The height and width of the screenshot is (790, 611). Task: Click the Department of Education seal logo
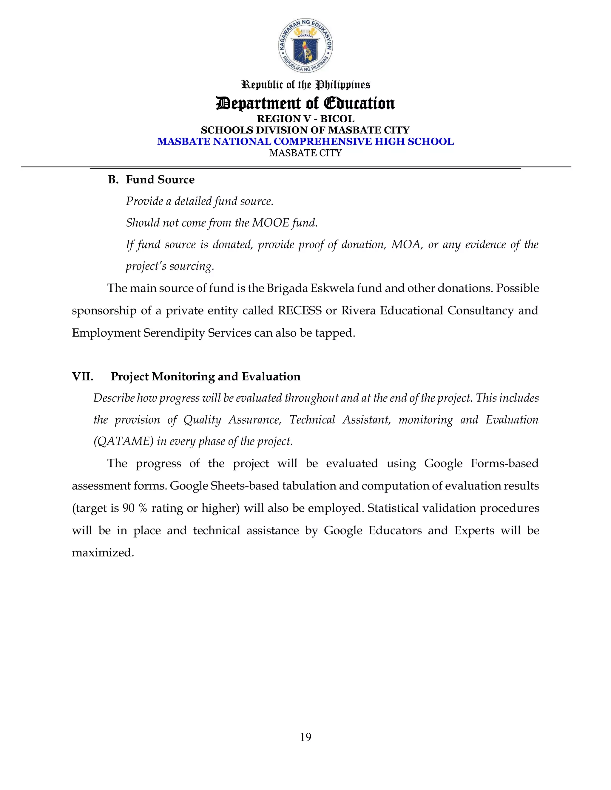click(305, 46)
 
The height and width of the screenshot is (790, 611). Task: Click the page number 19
click(305, 737)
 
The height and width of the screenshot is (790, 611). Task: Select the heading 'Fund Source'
click(160, 180)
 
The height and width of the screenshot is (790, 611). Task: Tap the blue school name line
click(305, 141)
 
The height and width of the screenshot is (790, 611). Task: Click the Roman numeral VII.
click(83, 377)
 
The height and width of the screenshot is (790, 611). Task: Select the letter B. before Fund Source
click(113, 180)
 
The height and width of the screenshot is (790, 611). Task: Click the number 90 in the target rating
click(129, 508)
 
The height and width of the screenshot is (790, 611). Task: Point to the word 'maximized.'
click(103, 553)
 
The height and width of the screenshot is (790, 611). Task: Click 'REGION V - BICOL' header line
click(305, 119)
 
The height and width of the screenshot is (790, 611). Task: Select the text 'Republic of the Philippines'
click(305, 85)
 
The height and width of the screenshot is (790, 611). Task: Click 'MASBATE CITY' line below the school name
click(305, 153)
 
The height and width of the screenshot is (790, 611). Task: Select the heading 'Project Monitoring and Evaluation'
click(206, 377)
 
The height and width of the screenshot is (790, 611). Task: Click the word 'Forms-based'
click(504, 463)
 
